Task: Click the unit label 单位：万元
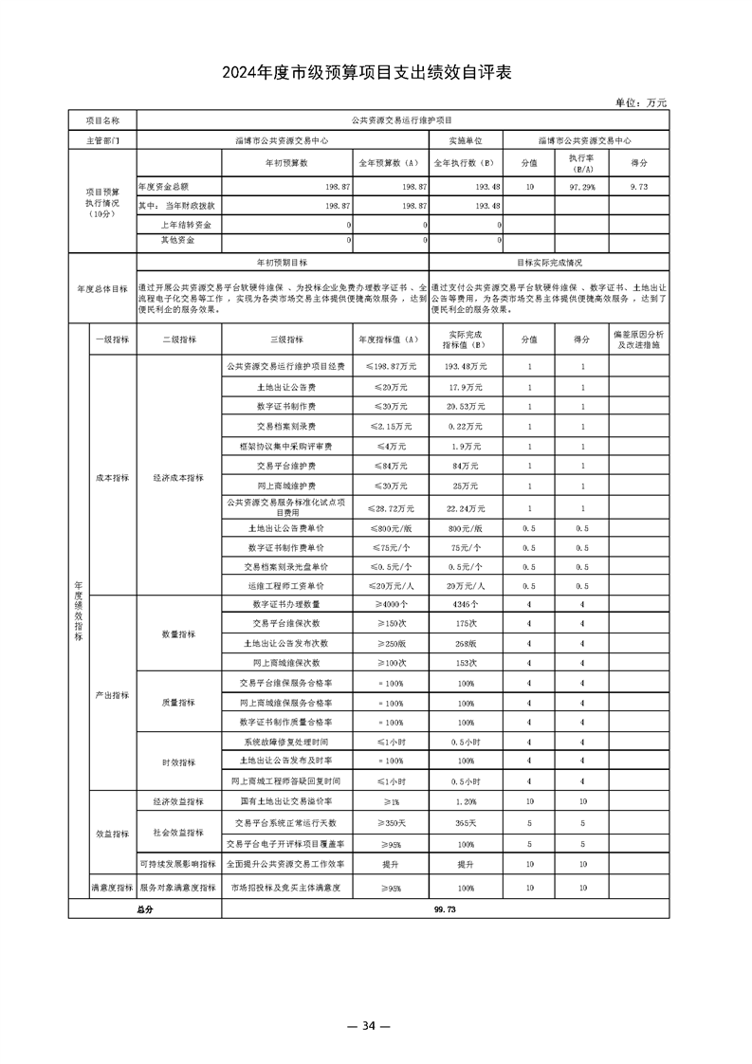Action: pyautogui.click(x=641, y=102)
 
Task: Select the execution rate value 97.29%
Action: pyautogui.click(x=581, y=187)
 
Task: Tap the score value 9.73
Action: pyautogui.click(x=638, y=187)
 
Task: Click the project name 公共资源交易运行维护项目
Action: pyautogui.click(x=402, y=121)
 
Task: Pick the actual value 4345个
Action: pyautogui.click(x=466, y=603)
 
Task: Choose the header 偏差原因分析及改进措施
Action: pyautogui.click(x=638, y=340)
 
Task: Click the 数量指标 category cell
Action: pyautogui.click(x=178, y=633)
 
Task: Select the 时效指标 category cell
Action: pyautogui.click(x=178, y=761)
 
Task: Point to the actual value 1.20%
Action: pyautogui.click(x=466, y=801)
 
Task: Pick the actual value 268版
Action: pyautogui.click(x=466, y=643)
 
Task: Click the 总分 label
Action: pyautogui.click(x=144, y=908)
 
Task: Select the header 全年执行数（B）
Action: pyautogui.click(x=466, y=163)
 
